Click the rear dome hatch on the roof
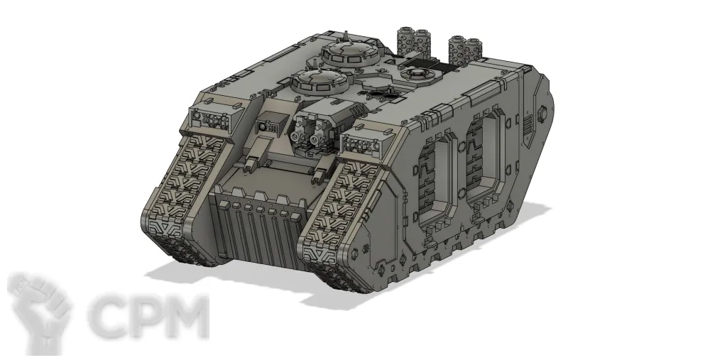[x=350, y=55]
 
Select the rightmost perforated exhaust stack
[x=473, y=48]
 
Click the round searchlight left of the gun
[x=262, y=127]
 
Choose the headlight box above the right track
[x=367, y=138]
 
